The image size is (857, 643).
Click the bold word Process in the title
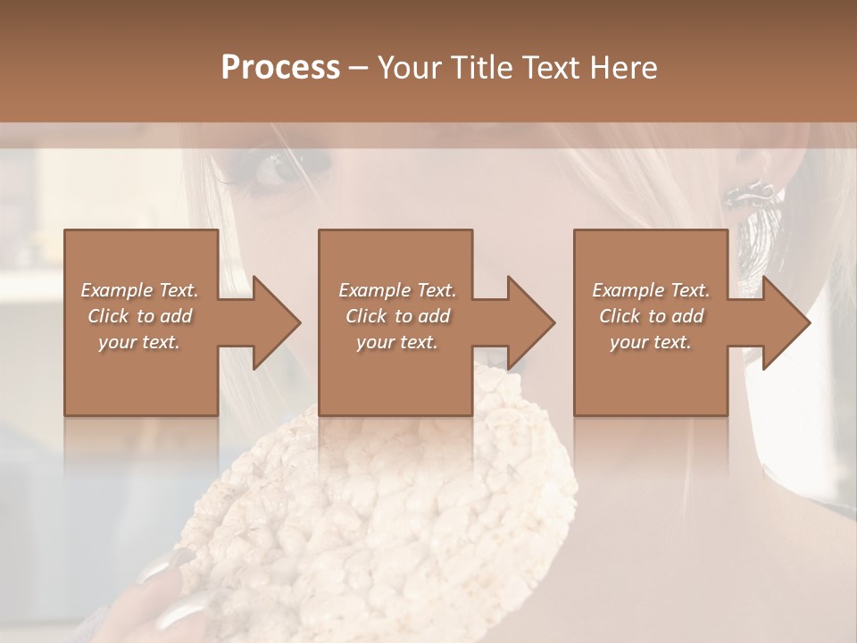click(280, 67)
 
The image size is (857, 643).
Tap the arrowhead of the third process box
click(785, 322)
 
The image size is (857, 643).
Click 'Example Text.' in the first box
click(140, 290)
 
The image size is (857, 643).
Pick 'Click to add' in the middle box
click(397, 316)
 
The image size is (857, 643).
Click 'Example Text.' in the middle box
click(397, 290)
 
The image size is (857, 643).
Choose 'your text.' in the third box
click(651, 342)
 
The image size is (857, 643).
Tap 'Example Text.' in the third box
click(651, 290)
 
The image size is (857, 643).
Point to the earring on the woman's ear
click(751, 190)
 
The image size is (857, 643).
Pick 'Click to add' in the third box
click(651, 316)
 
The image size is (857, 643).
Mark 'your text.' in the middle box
click(397, 342)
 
